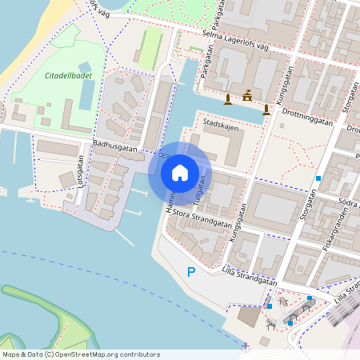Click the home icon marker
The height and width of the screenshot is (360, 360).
180,173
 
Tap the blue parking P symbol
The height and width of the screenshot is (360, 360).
190,273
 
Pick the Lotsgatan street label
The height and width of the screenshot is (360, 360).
80,170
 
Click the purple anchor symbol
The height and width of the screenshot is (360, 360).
245,346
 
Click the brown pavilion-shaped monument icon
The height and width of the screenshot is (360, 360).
247,95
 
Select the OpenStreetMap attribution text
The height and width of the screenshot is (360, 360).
81,354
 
